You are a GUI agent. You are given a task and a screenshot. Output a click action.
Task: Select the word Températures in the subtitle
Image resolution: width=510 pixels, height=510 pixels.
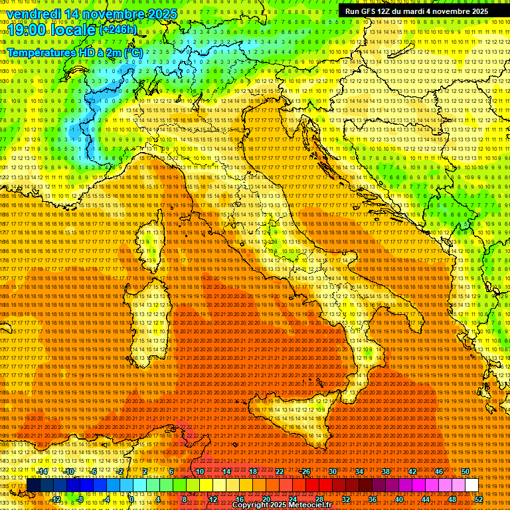(42, 52)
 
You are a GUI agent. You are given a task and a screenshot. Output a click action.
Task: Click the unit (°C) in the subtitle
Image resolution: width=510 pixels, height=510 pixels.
(133, 52)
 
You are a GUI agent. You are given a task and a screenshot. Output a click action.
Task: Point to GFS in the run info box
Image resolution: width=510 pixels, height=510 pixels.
(372, 11)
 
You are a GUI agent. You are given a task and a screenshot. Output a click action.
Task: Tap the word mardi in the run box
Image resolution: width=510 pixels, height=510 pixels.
(425, 11)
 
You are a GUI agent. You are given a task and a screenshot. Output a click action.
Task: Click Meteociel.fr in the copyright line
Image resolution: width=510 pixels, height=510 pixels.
(305, 505)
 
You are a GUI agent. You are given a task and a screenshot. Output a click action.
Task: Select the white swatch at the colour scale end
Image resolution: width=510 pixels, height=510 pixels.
(471, 485)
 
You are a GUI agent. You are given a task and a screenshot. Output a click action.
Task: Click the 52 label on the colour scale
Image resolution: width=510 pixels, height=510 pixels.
(479, 499)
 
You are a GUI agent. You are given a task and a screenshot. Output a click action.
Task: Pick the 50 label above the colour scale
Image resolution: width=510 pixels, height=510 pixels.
(465, 471)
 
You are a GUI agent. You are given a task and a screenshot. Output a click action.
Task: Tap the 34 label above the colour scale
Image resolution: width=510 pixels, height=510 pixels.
(359, 471)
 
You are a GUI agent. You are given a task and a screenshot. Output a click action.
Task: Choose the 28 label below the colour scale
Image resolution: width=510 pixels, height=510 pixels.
(319, 499)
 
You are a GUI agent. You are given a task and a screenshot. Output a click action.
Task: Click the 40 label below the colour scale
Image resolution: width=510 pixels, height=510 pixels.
(398, 499)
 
